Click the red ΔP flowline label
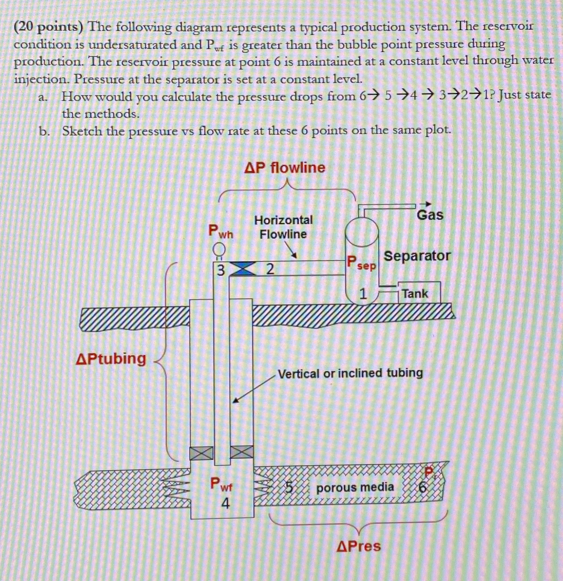click(x=285, y=167)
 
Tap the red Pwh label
click(x=220, y=231)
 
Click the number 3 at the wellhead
click(x=221, y=270)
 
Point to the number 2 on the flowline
click(x=270, y=269)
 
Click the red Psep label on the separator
click(x=361, y=263)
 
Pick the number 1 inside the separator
click(x=363, y=294)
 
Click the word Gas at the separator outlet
click(x=430, y=215)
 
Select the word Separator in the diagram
click(x=417, y=256)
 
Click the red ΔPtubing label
click(x=111, y=359)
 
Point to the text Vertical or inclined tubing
click(x=350, y=373)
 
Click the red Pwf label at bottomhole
click(x=221, y=485)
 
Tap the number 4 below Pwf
click(x=226, y=504)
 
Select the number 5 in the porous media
click(x=289, y=488)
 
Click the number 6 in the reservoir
click(x=423, y=488)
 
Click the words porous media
click(x=355, y=488)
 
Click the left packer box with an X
click(x=201, y=453)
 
